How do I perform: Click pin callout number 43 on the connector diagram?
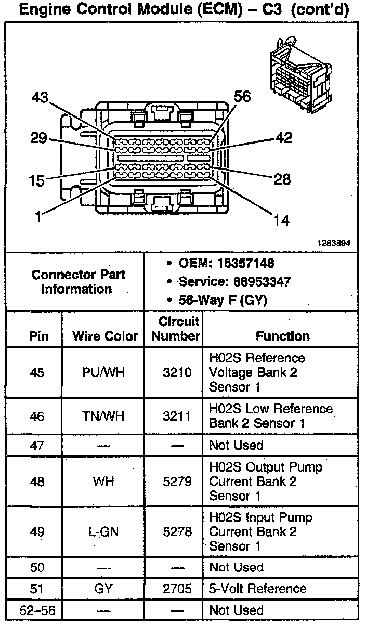point(40,98)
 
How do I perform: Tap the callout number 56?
point(242,96)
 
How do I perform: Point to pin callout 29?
point(39,138)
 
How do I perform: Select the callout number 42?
point(284,138)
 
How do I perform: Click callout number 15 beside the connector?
point(37,180)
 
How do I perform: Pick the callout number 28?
point(282,179)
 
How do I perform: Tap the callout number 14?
point(282,220)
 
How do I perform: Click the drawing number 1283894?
point(334,243)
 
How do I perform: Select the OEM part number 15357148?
point(246,263)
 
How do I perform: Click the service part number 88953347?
point(262,282)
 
